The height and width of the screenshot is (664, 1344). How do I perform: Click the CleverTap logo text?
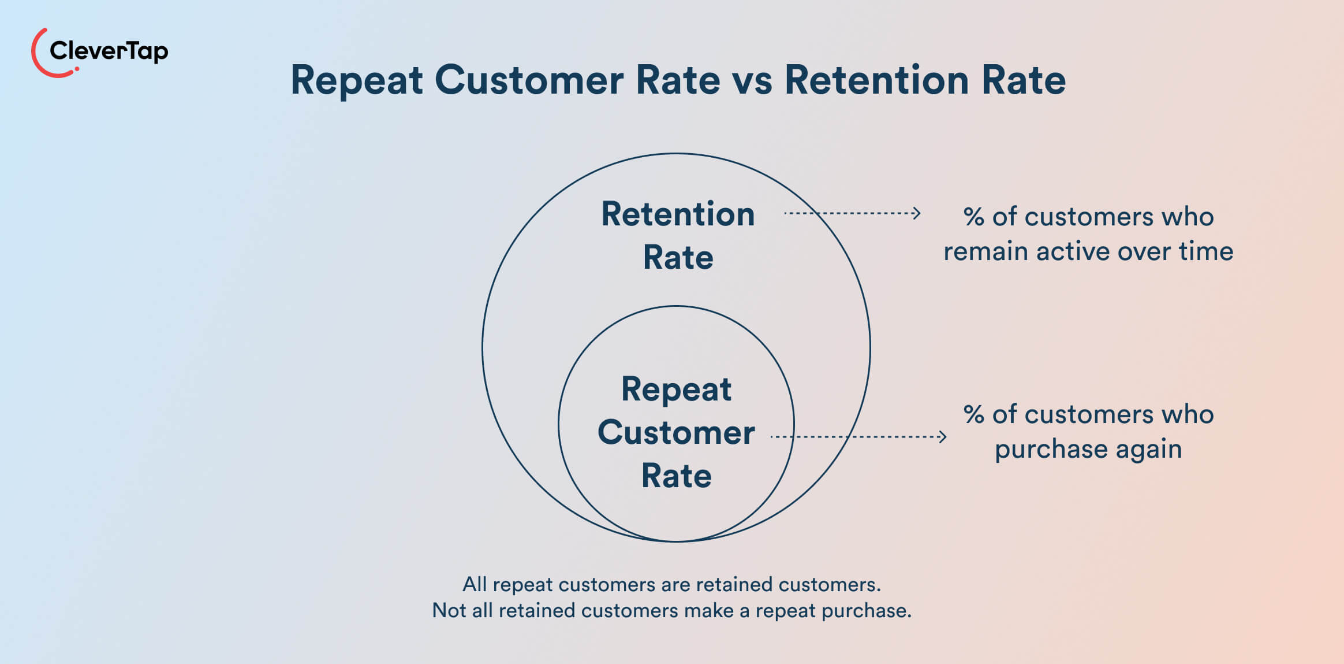coord(109,51)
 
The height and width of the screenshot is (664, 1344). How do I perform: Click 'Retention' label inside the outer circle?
coord(678,214)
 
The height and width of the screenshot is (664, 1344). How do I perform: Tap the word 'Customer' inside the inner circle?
coord(676,432)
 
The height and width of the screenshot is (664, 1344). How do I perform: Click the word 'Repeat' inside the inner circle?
coord(676,389)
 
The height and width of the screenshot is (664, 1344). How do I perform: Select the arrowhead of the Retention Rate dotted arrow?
coord(917,213)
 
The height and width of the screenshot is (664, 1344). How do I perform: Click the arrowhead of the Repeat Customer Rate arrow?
coord(943,436)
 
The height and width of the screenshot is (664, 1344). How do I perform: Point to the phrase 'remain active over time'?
coord(1088,251)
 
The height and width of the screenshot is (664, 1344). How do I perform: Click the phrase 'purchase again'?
coord(1088,449)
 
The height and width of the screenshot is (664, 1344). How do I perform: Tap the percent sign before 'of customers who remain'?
coord(973,217)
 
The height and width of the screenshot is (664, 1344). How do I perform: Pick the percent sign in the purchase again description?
coord(973,414)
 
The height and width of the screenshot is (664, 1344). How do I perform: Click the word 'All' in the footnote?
coord(475,584)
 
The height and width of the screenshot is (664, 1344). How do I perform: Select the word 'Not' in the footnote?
coord(449,610)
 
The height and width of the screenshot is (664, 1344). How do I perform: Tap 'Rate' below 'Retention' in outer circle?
coord(678,257)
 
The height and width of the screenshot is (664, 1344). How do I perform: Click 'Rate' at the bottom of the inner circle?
coord(676,476)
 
